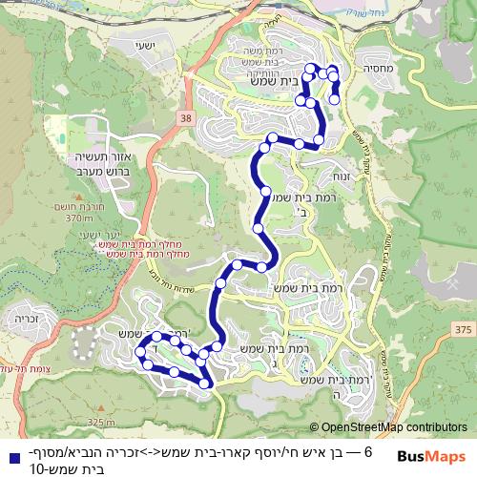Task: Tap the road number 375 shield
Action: [463, 329]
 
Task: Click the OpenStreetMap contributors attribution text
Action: [394, 428]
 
